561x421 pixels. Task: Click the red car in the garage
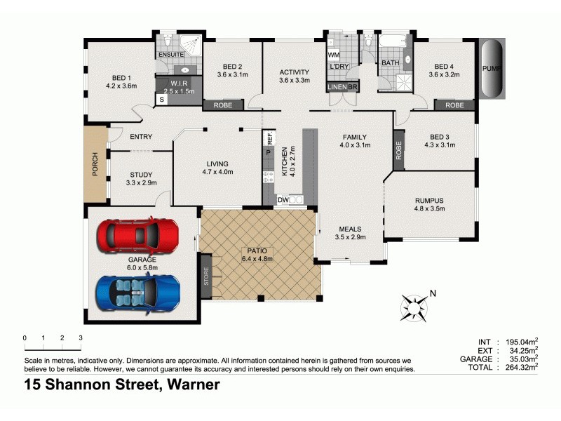tap(137, 235)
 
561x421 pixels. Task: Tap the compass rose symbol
tap(414, 307)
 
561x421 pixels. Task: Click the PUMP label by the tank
tap(491, 69)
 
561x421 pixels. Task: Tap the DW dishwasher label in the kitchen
tap(283, 200)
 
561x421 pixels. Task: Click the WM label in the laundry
tap(334, 55)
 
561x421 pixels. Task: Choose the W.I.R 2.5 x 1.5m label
tap(178, 87)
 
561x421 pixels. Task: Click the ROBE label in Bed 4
tap(454, 105)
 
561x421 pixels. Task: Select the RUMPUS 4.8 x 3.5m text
tap(430, 204)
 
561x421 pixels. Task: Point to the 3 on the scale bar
tap(81, 338)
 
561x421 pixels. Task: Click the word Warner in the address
tap(192, 385)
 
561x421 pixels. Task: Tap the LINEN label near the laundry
tap(337, 87)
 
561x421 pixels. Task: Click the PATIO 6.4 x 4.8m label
tap(257, 254)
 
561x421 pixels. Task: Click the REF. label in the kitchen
tap(269, 138)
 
